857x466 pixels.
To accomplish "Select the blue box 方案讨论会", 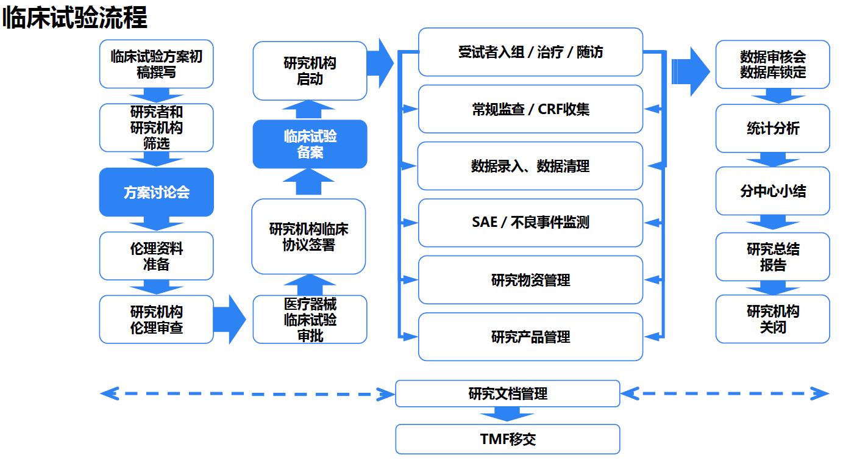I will coord(157,192).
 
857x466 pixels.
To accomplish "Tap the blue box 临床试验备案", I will coord(310,144).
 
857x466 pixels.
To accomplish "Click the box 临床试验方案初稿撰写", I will coord(157,64).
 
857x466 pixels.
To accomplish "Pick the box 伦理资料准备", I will coord(157,256).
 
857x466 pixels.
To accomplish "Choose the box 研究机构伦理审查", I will coord(157,319).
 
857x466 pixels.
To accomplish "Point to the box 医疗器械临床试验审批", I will coord(310,319).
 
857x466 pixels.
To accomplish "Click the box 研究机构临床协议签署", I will coord(308,237).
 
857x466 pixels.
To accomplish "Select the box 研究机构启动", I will coord(310,71).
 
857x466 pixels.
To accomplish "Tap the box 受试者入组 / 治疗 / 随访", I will coord(530,52).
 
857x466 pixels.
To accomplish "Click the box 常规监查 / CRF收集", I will coord(530,109).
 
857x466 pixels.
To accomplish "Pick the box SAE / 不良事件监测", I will coord(530,223).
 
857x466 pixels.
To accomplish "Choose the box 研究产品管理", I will coord(530,337).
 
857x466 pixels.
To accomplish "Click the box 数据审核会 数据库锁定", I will coord(772,64).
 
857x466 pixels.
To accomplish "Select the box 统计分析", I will coord(772,128).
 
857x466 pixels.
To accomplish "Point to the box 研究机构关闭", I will coord(772,319).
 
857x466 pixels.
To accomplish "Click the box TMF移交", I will coord(507,439).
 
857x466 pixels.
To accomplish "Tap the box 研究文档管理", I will coord(507,393).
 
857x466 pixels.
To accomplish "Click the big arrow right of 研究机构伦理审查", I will coord(229,319).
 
